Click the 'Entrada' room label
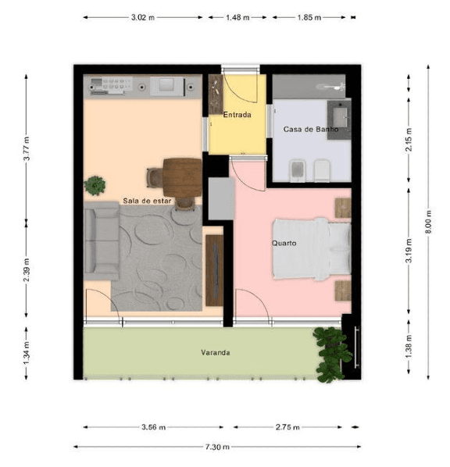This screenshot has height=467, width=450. tap(237, 115)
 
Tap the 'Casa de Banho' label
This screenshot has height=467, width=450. tap(311, 130)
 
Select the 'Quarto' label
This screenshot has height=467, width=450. tap(284, 243)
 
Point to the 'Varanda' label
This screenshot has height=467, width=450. tap(215, 353)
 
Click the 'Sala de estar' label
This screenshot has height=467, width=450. tap(147, 201)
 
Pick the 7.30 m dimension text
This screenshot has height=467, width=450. tap(217, 447)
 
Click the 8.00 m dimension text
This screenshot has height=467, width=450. tap(429, 222)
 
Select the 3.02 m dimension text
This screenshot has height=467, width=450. tap(143, 17)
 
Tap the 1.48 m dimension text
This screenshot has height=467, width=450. tap(237, 17)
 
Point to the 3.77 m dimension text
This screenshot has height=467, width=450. tap(27, 148)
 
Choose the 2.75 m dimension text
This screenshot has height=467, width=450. tap(287, 427)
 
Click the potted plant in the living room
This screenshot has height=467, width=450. tap(95, 186)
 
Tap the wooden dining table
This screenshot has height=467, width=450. tap(182, 178)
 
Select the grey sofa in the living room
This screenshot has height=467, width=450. tap(102, 241)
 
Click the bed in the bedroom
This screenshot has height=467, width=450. tap(312, 249)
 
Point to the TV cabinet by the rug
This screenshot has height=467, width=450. tap(215, 270)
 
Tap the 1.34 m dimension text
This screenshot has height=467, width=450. tap(27, 353)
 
